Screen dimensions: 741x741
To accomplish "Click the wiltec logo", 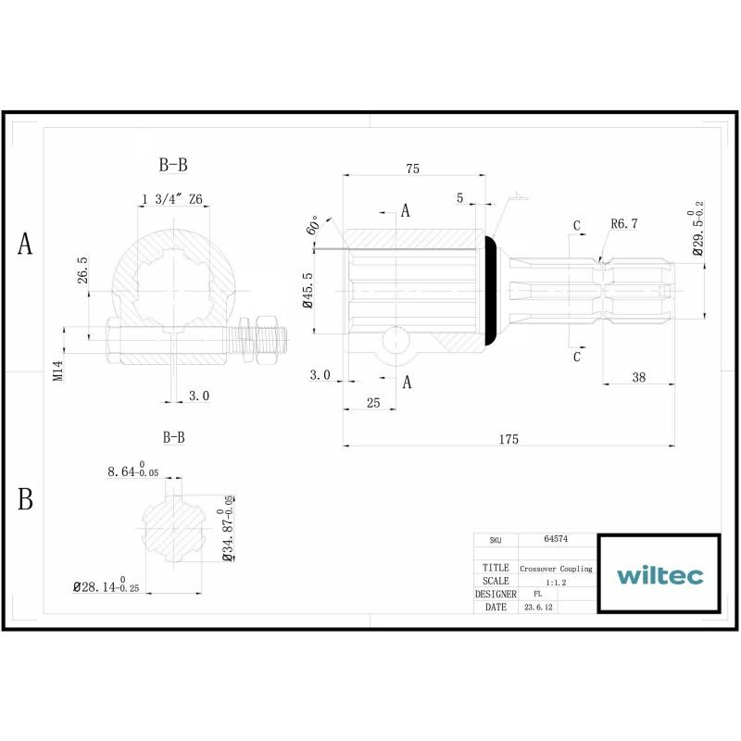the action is point(659,575).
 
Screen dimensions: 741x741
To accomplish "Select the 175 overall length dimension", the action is point(509,439).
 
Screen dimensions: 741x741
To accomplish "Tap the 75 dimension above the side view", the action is point(412,169).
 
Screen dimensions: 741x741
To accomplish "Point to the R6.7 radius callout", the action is point(624,223).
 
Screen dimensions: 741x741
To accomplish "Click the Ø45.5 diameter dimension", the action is point(308,290).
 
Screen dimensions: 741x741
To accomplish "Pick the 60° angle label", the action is point(313,225).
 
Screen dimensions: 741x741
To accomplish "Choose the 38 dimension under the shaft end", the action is point(638,377).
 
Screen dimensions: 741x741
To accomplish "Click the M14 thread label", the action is point(57,370).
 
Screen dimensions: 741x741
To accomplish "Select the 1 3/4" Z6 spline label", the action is point(172,199).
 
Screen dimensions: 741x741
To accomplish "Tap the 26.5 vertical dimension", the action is point(82,270).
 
